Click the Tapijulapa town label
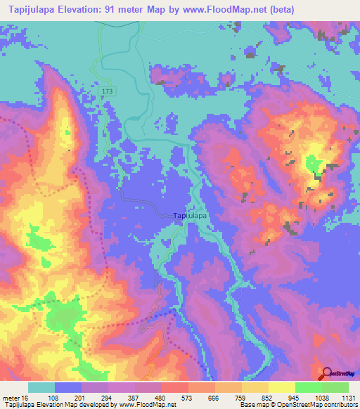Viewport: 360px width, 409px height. click(190, 216)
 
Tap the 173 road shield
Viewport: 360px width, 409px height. click(106, 92)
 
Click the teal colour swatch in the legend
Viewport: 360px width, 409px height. click(41, 387)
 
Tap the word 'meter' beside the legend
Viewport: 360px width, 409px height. click(13, 398)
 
